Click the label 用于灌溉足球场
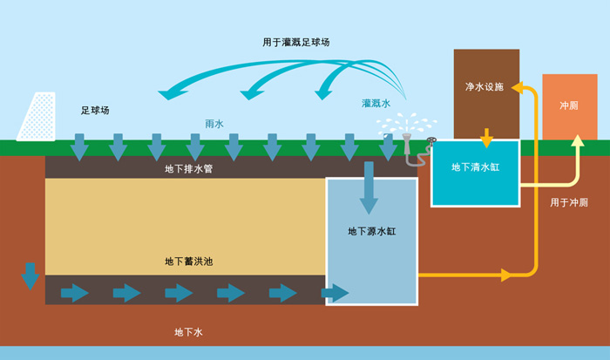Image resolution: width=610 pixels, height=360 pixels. [x=295, y=42]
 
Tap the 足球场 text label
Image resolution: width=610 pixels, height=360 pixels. [x=95, y=111]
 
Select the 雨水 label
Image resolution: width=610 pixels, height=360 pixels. [x=213, y=125]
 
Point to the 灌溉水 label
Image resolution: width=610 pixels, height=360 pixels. [x=376, y=103]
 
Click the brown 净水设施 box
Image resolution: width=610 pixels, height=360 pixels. [x=486, y=87]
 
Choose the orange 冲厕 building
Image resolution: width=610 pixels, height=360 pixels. [x=569, y=106]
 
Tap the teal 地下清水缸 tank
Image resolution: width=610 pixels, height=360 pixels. [x=475, y=172]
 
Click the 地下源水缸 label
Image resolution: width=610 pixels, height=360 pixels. [x=369, y=231]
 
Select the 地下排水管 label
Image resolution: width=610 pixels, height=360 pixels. [x=188, y=167]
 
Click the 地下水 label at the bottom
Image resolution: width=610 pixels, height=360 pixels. [x=188, y=332]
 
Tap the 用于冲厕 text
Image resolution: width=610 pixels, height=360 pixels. [x=569, y=202]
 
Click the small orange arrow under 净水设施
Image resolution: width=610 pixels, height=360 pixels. [x=486, y=138]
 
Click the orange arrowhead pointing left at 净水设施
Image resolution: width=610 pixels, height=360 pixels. [x=515, y=88]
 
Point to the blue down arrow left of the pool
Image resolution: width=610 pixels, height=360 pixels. [x=30, y=275]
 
